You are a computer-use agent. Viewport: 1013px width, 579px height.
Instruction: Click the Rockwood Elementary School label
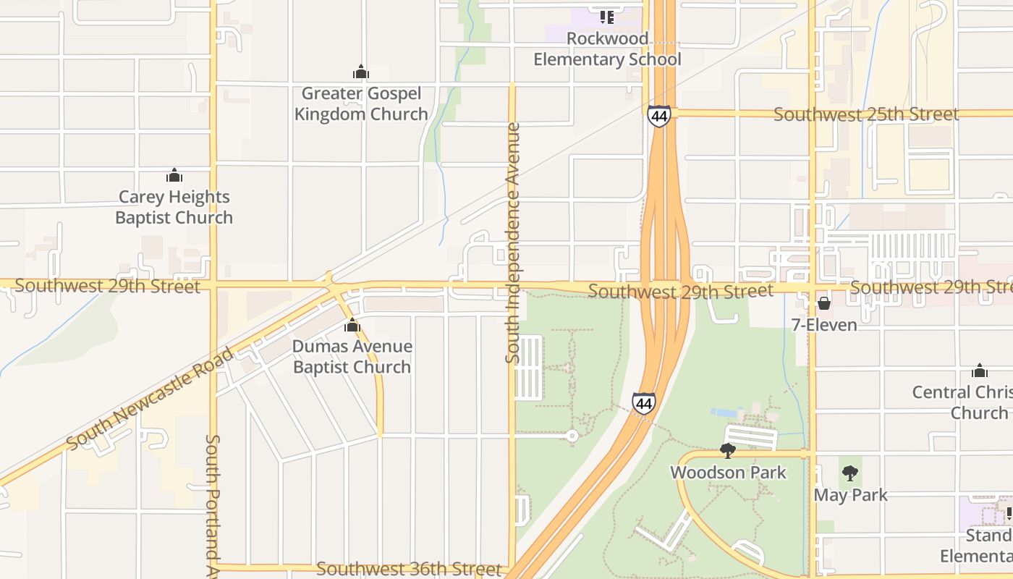point(607,48)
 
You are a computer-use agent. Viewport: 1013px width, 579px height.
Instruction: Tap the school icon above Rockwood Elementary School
point(607,16)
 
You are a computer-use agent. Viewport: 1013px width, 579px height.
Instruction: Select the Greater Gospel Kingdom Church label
point(361,103)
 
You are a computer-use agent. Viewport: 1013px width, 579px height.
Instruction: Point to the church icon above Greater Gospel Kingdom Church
point(361,72)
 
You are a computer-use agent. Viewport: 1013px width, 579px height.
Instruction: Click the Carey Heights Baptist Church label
point(174,207)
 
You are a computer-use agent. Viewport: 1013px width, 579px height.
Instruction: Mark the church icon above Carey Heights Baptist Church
point(174,175)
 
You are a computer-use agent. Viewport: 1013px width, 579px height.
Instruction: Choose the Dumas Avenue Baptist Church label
point(352,357)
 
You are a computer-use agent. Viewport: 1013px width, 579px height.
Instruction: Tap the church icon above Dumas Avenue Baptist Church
point(352,325)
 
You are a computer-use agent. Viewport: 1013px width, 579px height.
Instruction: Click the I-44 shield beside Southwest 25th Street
point(659,116)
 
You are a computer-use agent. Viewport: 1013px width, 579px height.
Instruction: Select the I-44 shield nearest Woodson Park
point(644,403)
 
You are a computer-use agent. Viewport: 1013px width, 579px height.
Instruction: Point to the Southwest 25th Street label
point(866,114)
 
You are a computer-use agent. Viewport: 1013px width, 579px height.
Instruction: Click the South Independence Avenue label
point(513,242)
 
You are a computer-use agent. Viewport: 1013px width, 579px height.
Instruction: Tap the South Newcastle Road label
point(150,398)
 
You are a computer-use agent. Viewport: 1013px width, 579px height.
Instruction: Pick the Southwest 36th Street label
point(408,570)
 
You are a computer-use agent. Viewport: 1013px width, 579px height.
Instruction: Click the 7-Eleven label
point(824,325)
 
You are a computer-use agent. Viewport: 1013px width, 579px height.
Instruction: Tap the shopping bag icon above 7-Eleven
point(824,303)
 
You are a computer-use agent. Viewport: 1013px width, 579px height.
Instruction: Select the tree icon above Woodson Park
point(728,451)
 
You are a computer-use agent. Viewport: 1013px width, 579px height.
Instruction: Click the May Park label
point(850,495)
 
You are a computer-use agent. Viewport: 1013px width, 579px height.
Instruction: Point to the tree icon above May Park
point(850,473)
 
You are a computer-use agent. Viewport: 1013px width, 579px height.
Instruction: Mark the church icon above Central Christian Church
point(980,371)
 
